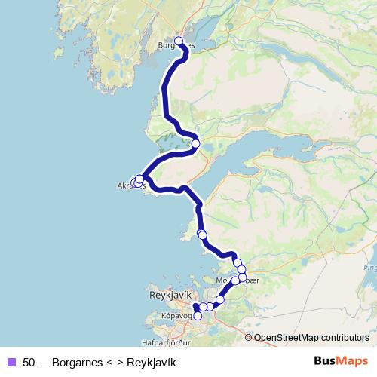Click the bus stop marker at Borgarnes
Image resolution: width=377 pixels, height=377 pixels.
pos(179,41)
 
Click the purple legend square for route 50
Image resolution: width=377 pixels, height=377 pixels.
pos(11,362)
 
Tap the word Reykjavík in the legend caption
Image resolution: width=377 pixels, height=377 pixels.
pos(152,362)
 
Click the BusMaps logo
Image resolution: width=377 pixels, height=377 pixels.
pos(342,361)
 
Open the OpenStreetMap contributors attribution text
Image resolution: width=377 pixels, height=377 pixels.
pos(312,338)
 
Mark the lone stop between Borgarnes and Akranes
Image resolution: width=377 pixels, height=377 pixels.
pos(195,143)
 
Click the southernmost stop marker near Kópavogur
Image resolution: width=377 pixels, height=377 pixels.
pos(198,316)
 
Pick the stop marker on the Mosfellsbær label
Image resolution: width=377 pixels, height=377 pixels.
pos(235,280)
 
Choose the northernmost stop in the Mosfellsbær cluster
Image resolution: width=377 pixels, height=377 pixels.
pos(238,262)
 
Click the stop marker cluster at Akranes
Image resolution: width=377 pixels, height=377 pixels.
pos(137,181)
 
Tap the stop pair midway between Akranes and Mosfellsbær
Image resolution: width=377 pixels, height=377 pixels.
pos(202,234)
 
